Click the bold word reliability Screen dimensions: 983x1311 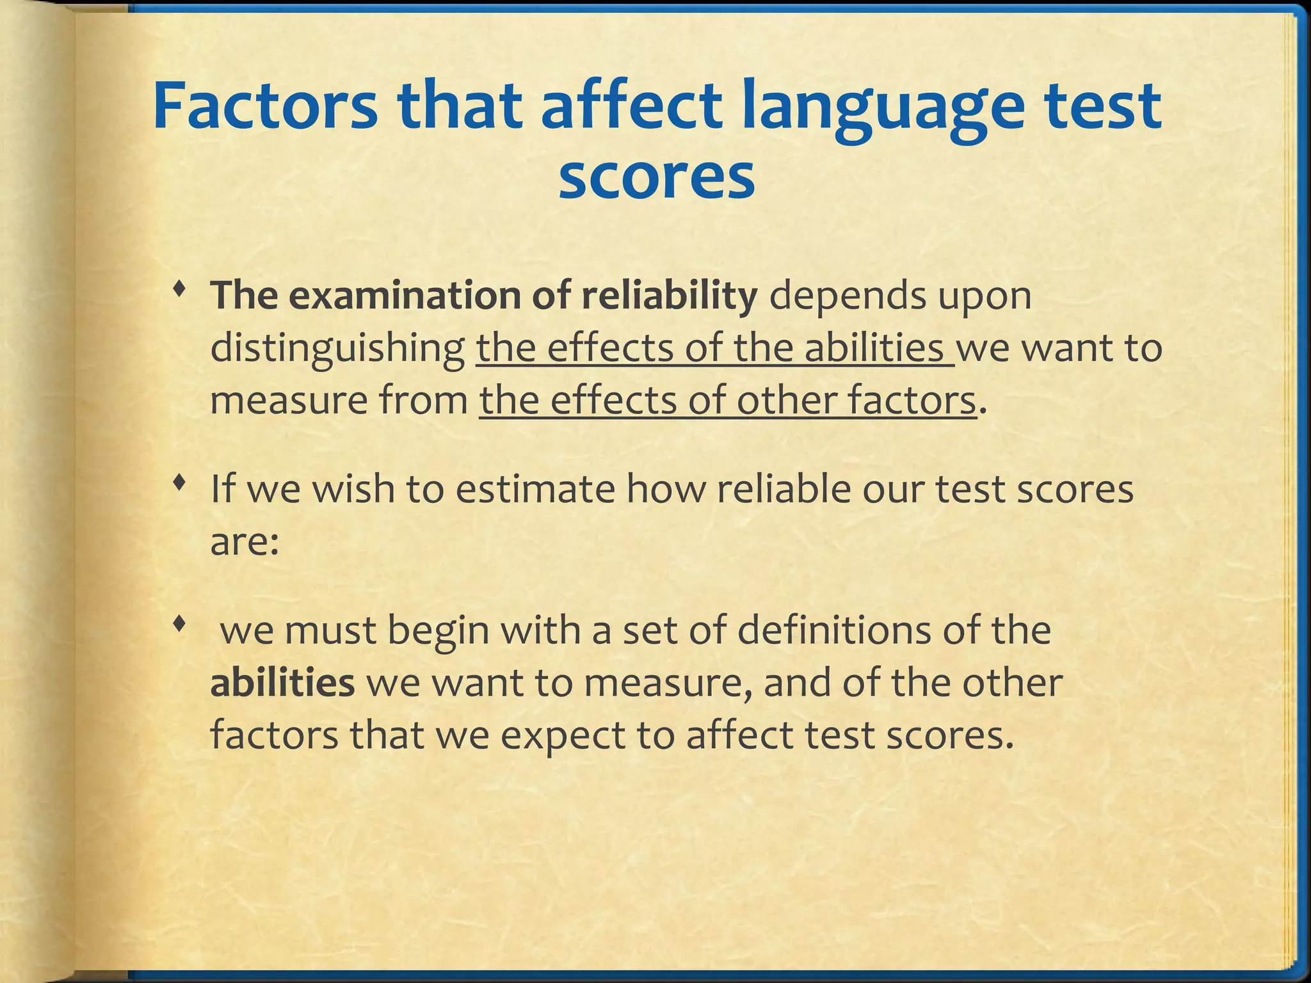pos(669,296)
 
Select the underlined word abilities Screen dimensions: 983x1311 pos(874,349)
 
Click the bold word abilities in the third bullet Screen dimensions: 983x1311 pos(282,683)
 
